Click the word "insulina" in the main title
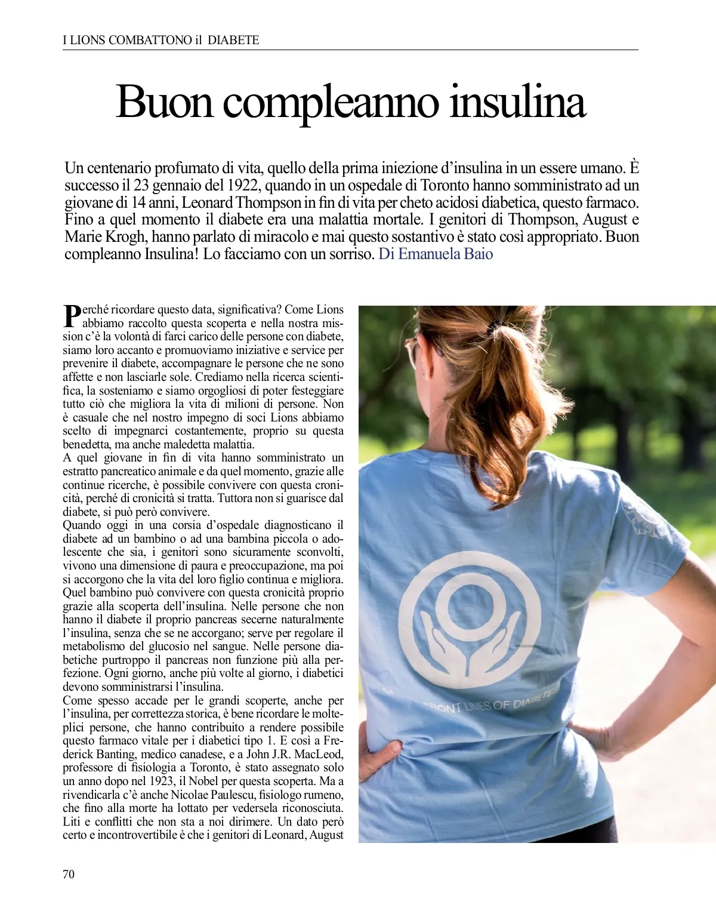[x=517, y=102]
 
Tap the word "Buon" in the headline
[x=164, y=102]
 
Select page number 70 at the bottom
[x=69, y=874]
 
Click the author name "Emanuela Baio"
[x=445, y=254]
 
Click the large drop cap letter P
[x=72, y=315]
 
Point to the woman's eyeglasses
[x=411, y=351]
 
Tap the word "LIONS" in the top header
[x=89, y=40]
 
